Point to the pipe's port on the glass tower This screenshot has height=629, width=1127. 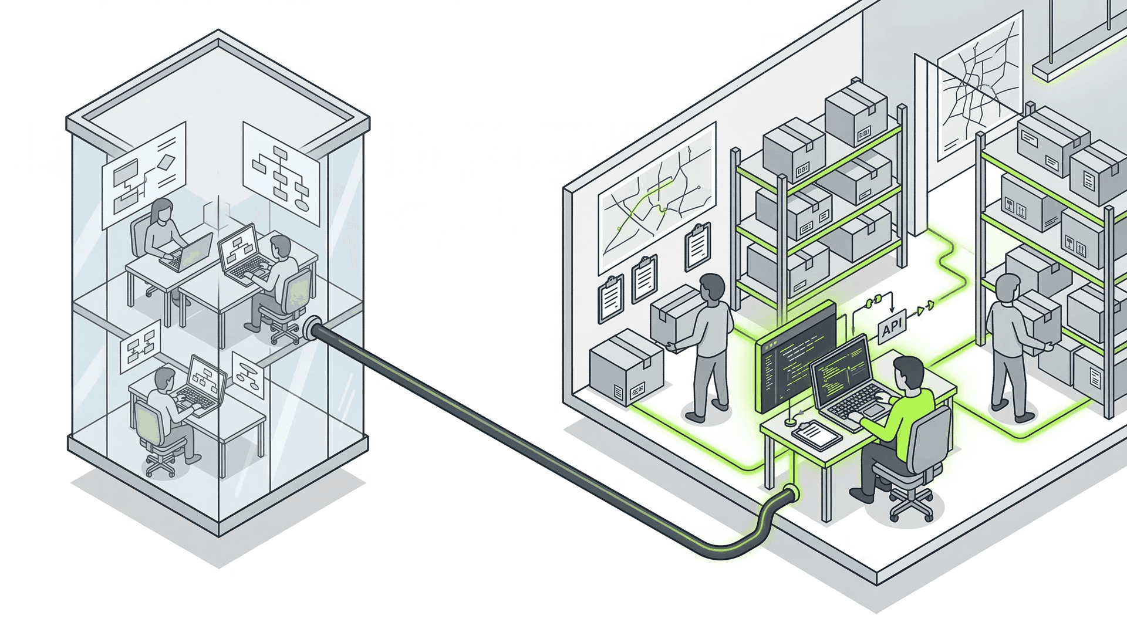312,328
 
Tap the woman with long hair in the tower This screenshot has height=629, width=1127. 161,229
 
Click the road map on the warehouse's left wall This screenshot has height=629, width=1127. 656,197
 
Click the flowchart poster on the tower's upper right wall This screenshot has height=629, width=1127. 281,174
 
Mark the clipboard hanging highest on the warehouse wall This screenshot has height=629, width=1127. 698,246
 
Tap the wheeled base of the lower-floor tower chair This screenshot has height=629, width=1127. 160,466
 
